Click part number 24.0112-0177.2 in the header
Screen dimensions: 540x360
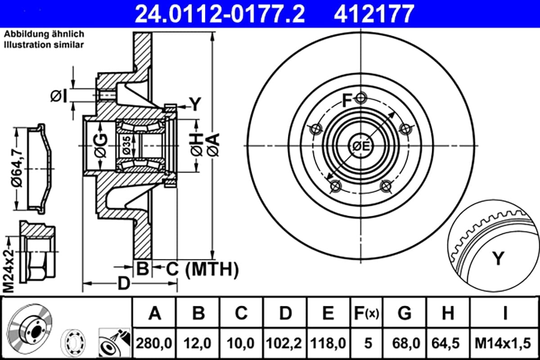point(220,14)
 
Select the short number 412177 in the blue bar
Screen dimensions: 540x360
point(374,14)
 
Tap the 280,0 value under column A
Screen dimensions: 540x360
point(154,343)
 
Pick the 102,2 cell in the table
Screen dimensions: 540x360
point(284,343)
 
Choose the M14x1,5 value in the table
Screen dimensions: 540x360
point(503,343)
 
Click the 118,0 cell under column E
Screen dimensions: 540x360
point(328,343)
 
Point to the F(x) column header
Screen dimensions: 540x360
point(367,313)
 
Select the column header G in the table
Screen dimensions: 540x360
point(405,313)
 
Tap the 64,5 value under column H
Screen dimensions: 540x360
point(446,343)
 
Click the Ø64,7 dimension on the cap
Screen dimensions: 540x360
point(17,168)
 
